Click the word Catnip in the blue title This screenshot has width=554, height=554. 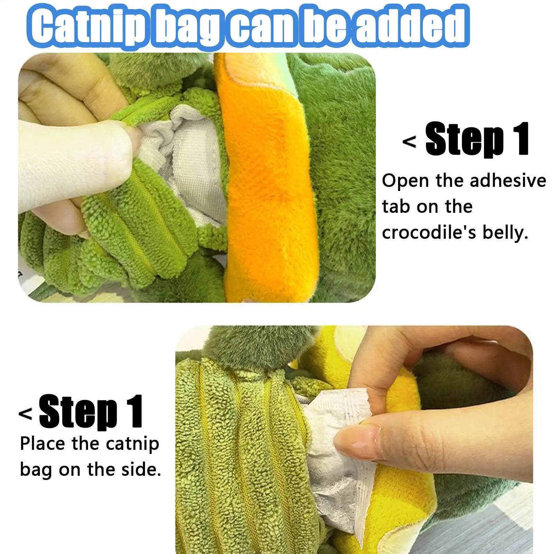pos(91,26)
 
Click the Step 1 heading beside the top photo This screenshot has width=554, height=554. pos(477,139)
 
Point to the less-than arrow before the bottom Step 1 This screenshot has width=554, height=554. pos(25,414)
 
